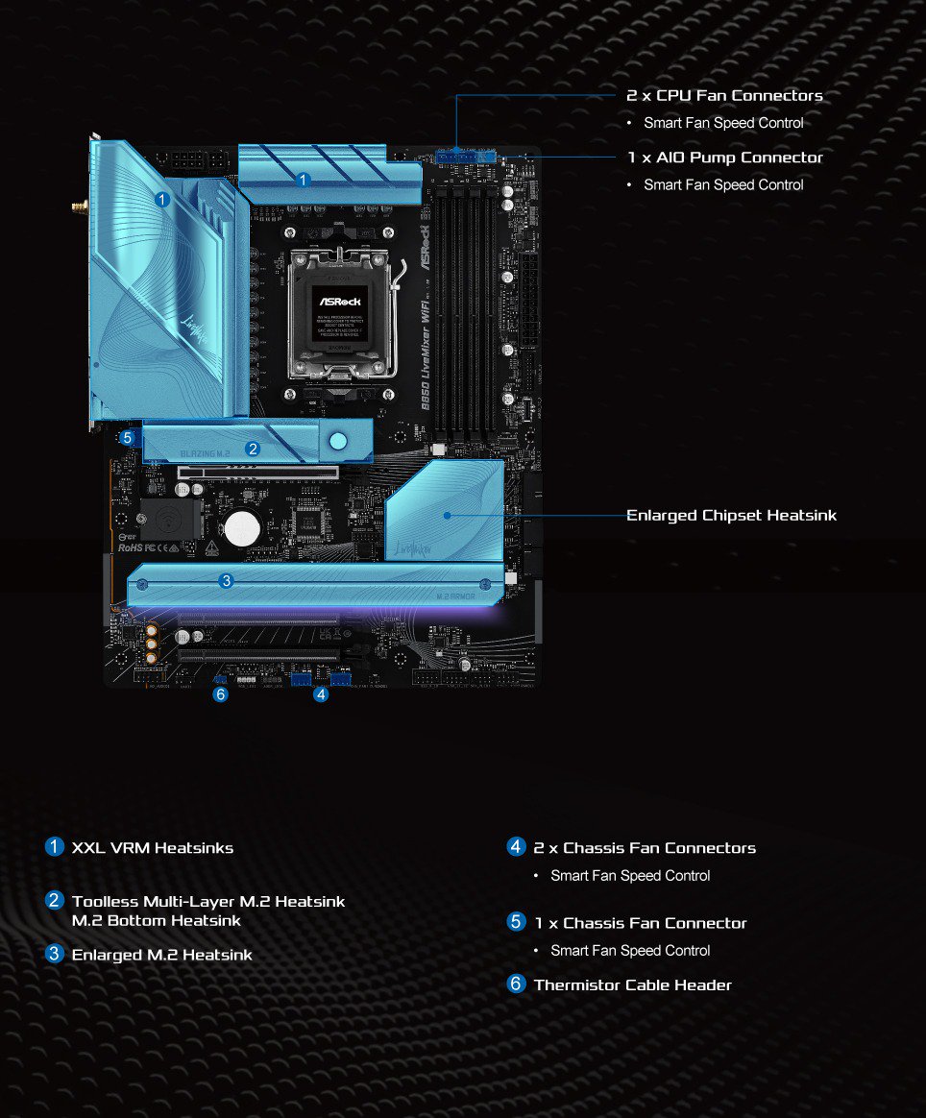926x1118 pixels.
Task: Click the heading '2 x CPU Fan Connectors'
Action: tap(724, 95)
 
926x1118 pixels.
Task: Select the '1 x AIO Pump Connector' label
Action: tap(725, 158)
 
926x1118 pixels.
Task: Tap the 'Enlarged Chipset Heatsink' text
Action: tap(731, 516)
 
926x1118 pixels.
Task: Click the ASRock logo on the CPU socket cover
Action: tap(338, 301)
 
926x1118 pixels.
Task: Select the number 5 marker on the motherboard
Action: tap(128, 437)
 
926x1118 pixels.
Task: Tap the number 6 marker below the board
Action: tap(221, 694)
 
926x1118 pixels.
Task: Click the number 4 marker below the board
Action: tap(321, 694)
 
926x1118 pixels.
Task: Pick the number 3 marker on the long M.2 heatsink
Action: tap(226, 580)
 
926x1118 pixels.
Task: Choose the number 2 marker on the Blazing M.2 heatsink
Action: tap(253, 449)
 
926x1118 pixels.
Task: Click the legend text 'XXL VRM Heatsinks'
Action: tap(153, 848)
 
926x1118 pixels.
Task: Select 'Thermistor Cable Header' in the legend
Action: tap(632, 984)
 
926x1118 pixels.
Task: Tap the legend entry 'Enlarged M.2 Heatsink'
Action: tap(162, 955)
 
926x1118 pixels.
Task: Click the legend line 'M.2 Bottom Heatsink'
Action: tap(157, 920)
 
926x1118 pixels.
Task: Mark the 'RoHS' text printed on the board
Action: tap(130, 547)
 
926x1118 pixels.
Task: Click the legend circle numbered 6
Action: tap(517, 984)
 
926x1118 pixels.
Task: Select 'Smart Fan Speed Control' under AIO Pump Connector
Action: tap(723, 184)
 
